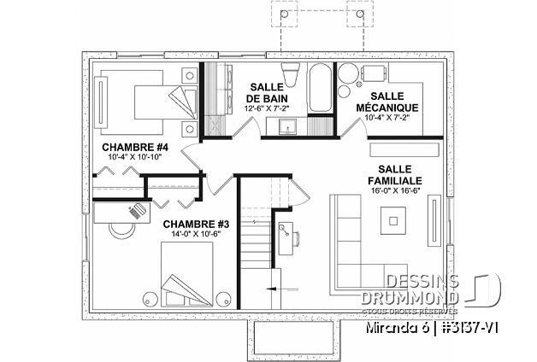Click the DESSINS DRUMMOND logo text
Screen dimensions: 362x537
(x=423, y=289)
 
